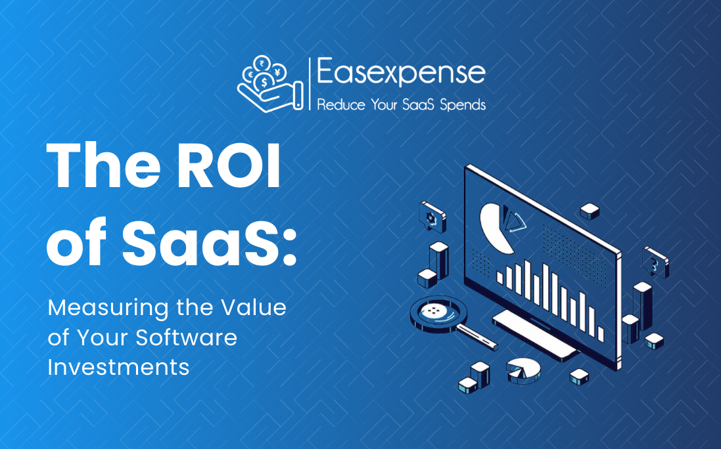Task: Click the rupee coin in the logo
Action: (x=262, y=64)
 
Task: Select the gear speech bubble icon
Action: (x=432, y=217)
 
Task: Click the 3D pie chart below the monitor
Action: (x=524, y=370)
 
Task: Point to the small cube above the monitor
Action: (x=589, y=211)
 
